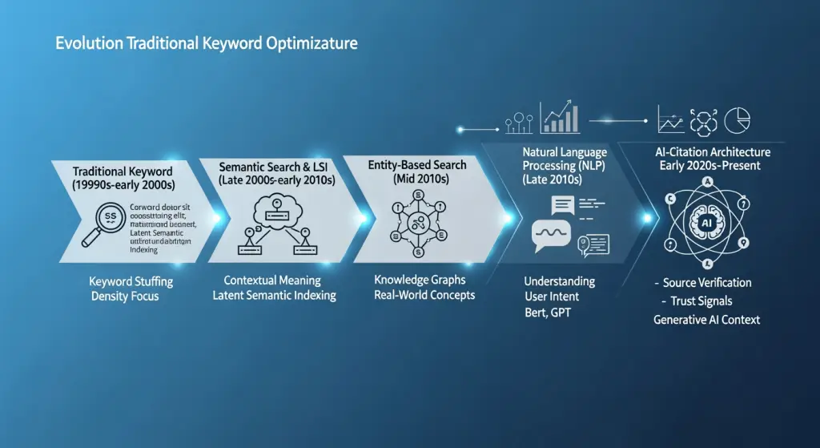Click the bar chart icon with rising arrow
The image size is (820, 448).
[x=561, y=118]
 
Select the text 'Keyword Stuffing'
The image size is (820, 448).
[x=131, y=282]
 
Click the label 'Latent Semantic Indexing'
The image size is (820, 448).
[x=274, y=296]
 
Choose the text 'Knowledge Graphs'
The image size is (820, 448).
[x=420, y=281]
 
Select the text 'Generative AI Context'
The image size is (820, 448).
[x=707, y=320]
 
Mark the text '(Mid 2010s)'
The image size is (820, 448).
[x=419, y=180]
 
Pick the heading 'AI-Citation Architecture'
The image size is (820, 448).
[x=712, y=151]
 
